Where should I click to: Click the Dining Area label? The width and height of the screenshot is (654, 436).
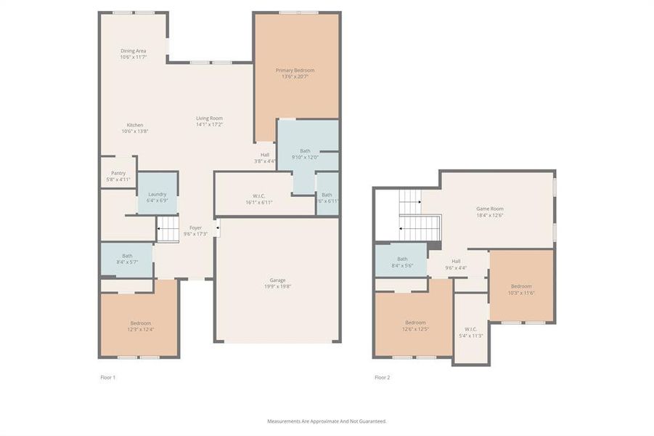(133, 51)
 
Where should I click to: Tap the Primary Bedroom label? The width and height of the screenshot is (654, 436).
(295, 70)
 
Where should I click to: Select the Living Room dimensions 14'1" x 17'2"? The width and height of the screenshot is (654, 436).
(209, 124)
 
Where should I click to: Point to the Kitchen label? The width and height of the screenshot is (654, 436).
(135, 125)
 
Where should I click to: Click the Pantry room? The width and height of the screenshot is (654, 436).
(118, 175)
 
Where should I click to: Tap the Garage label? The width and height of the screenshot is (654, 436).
(278, 280)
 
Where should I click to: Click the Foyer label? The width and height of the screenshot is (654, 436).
(195, 228)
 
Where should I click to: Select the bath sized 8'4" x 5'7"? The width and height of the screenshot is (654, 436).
(127, 259)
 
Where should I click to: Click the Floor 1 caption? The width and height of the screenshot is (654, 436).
(107, 377)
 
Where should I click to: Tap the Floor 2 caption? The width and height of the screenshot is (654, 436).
(382, 377)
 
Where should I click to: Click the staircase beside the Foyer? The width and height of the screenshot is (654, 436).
(168, 231)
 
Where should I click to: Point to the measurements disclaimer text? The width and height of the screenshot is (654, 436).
(327, 421)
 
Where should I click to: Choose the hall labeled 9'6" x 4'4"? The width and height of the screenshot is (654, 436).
(456, 265)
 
